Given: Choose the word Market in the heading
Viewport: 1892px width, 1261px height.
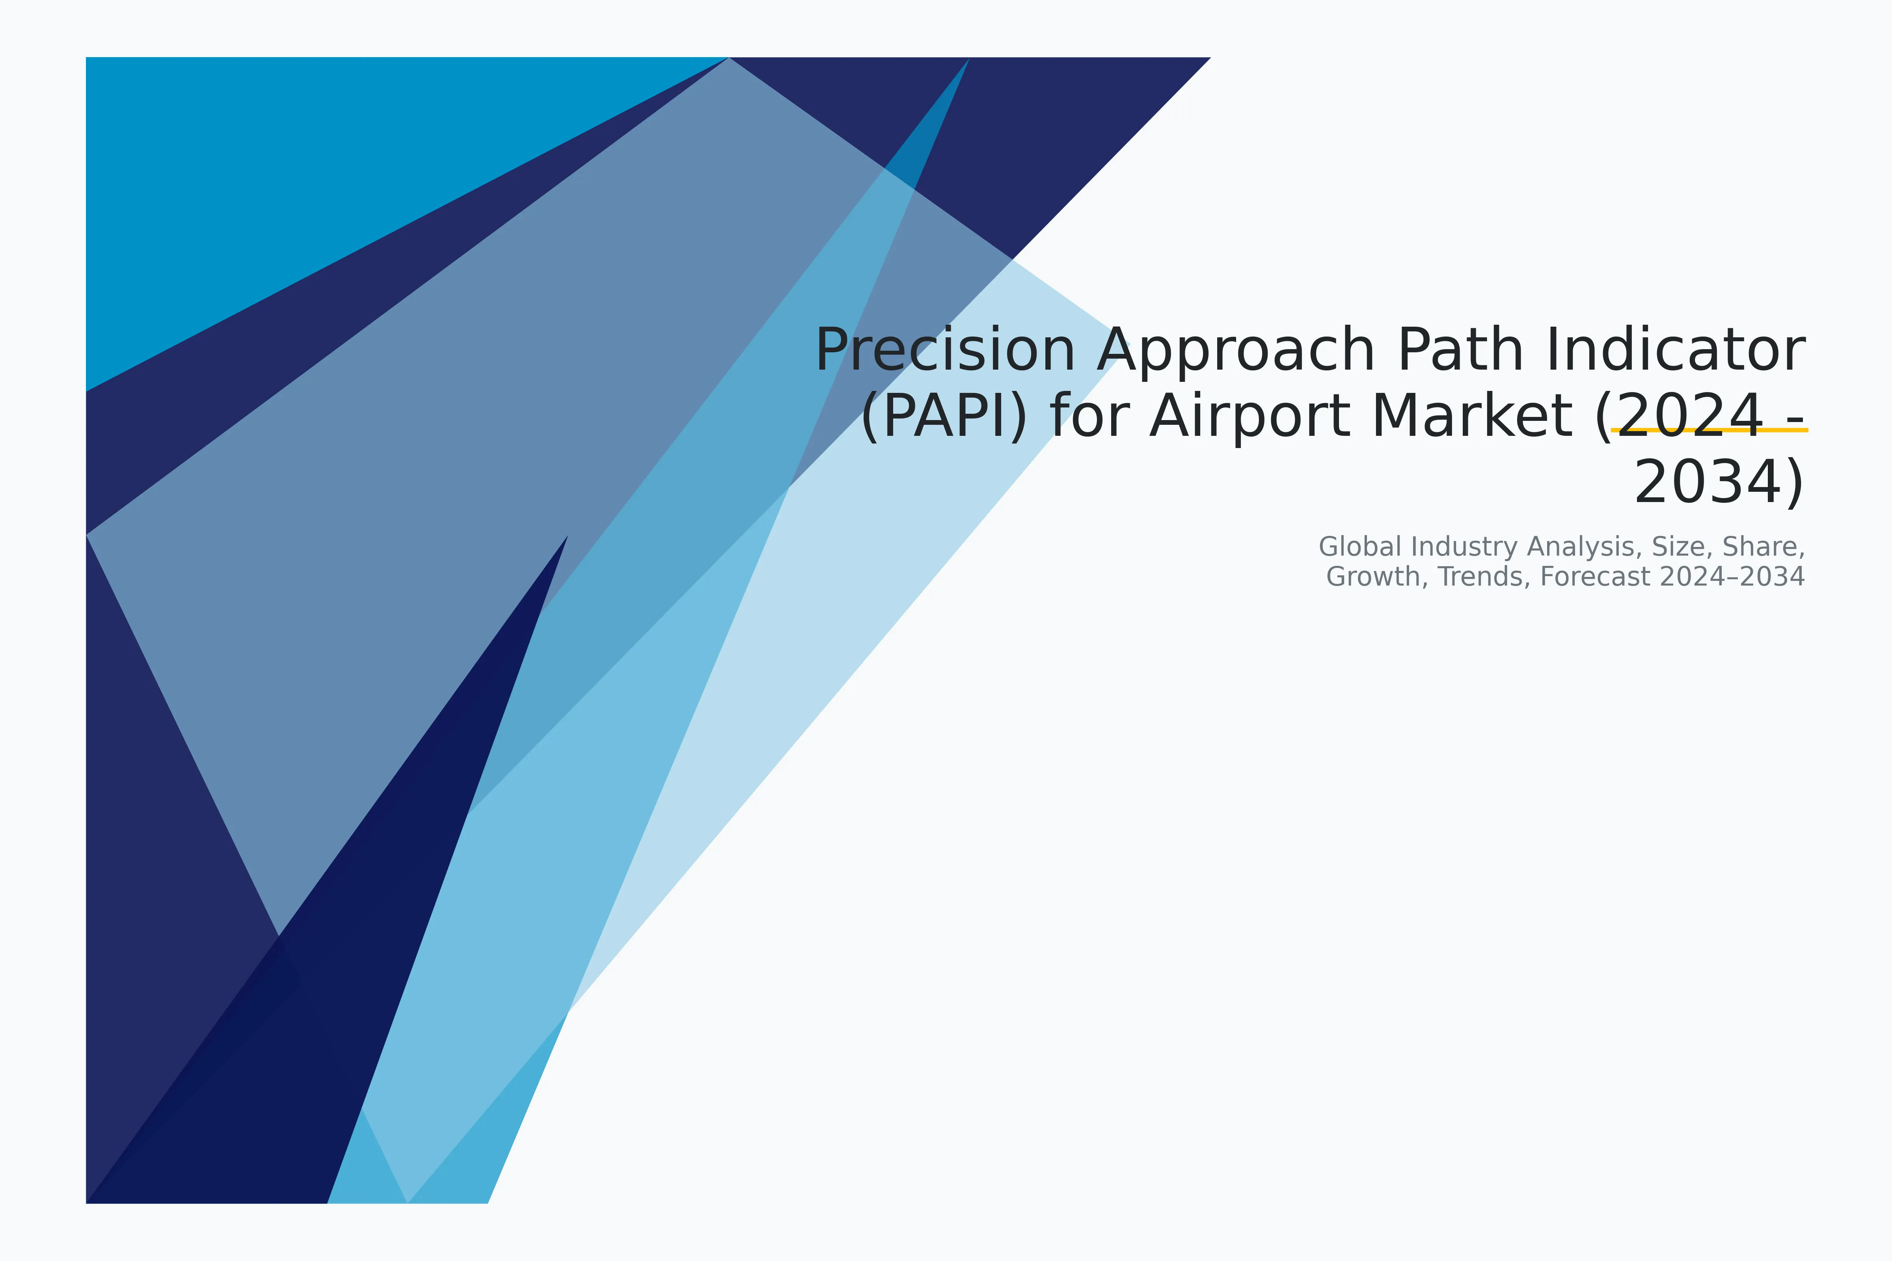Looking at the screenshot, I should click(x=1471, y=417).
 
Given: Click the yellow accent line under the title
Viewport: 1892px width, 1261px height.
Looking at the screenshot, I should click(x=1710, y=430).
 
